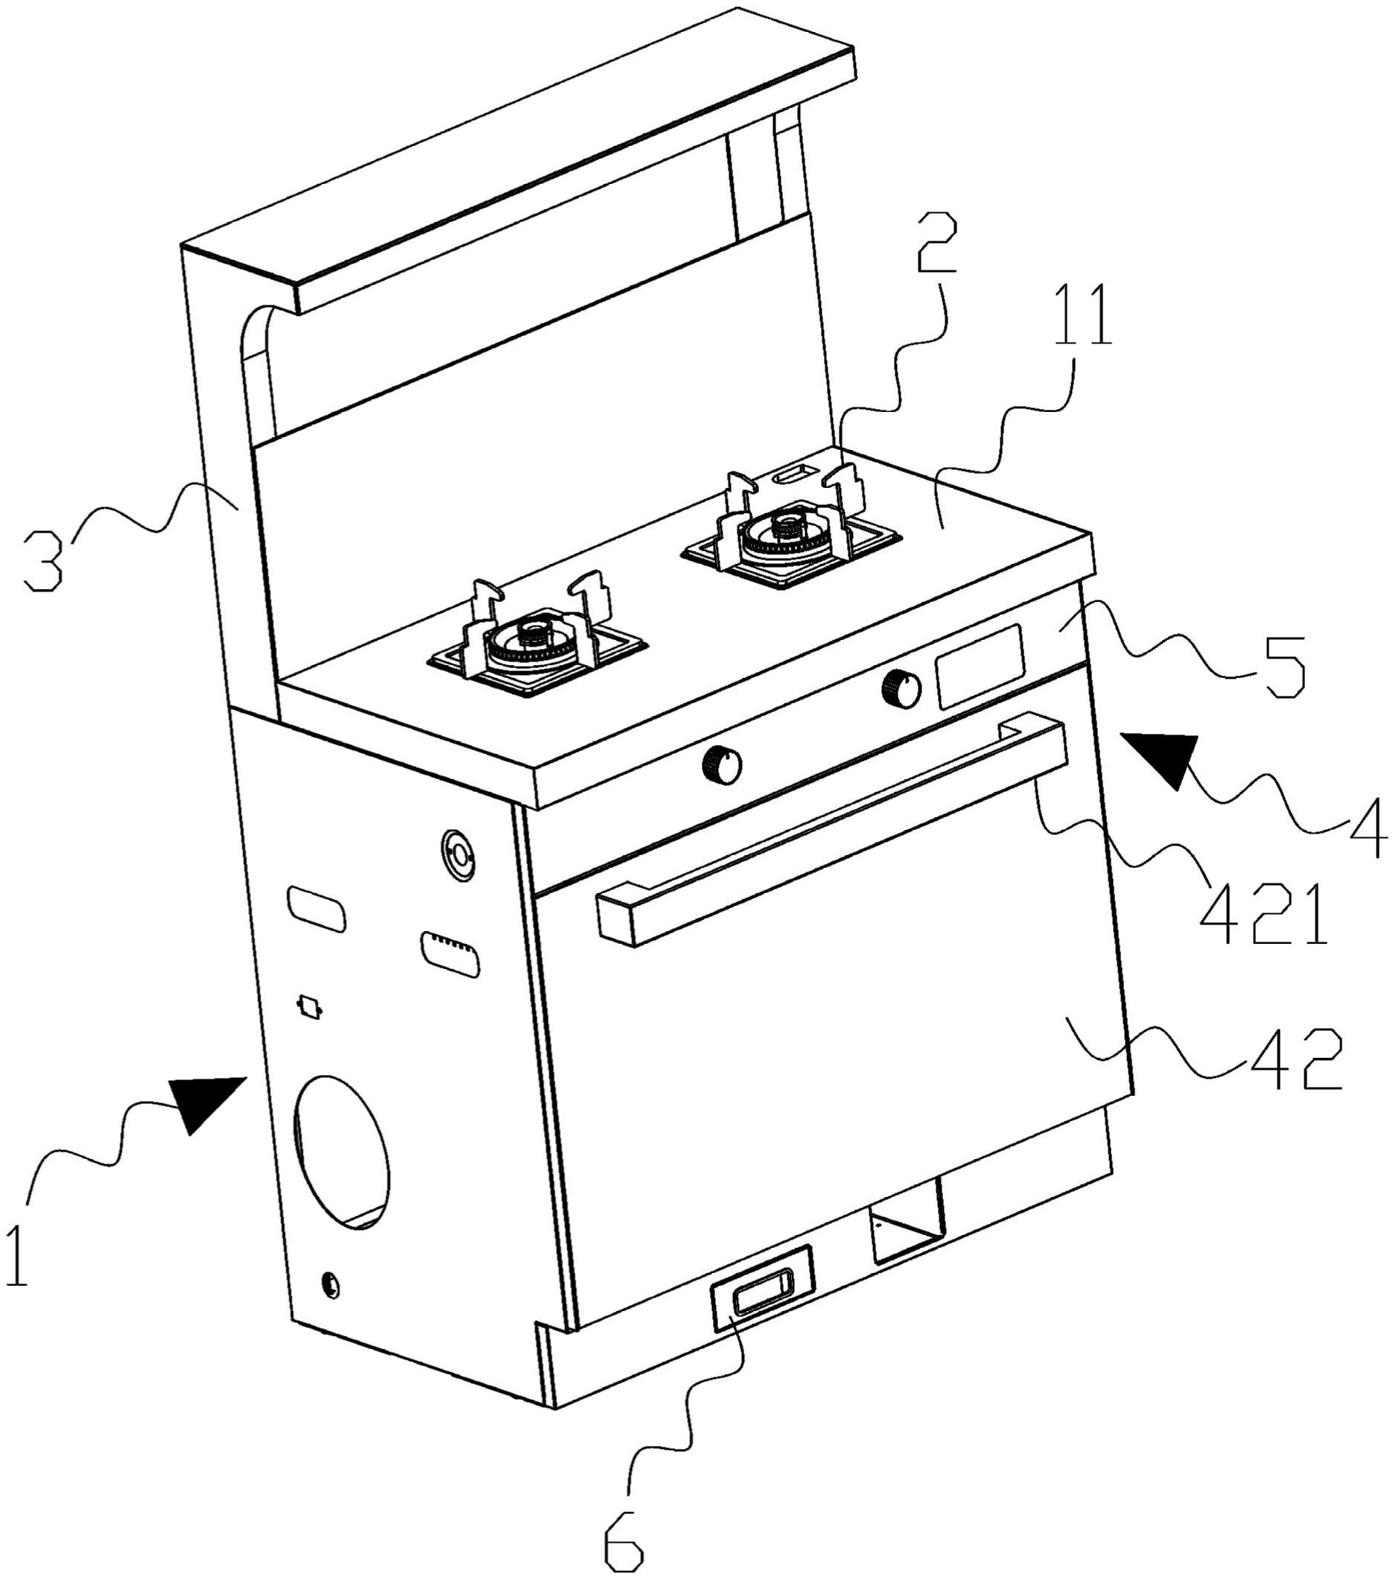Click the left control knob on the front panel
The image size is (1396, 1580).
[722, 764]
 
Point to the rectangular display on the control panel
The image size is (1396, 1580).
[981, 665]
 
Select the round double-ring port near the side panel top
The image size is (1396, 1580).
[458, 855]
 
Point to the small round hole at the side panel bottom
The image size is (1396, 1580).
[330, 1285]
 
